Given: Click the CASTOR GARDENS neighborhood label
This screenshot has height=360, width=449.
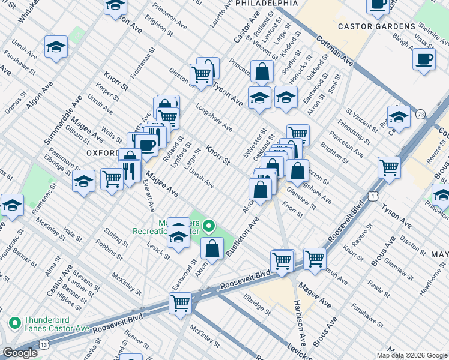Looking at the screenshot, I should (x=376, y=26).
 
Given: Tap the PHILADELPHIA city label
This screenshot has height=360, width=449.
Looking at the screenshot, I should (x=267, y=4).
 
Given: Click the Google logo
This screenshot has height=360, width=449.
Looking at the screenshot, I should (x=20, y=353).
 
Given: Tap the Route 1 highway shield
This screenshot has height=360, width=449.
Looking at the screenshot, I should (x=373, y=196).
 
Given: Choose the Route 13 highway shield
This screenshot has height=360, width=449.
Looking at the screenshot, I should (x=44, y=344).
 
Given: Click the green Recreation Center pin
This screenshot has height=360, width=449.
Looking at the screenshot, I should (x=209, y=226).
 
